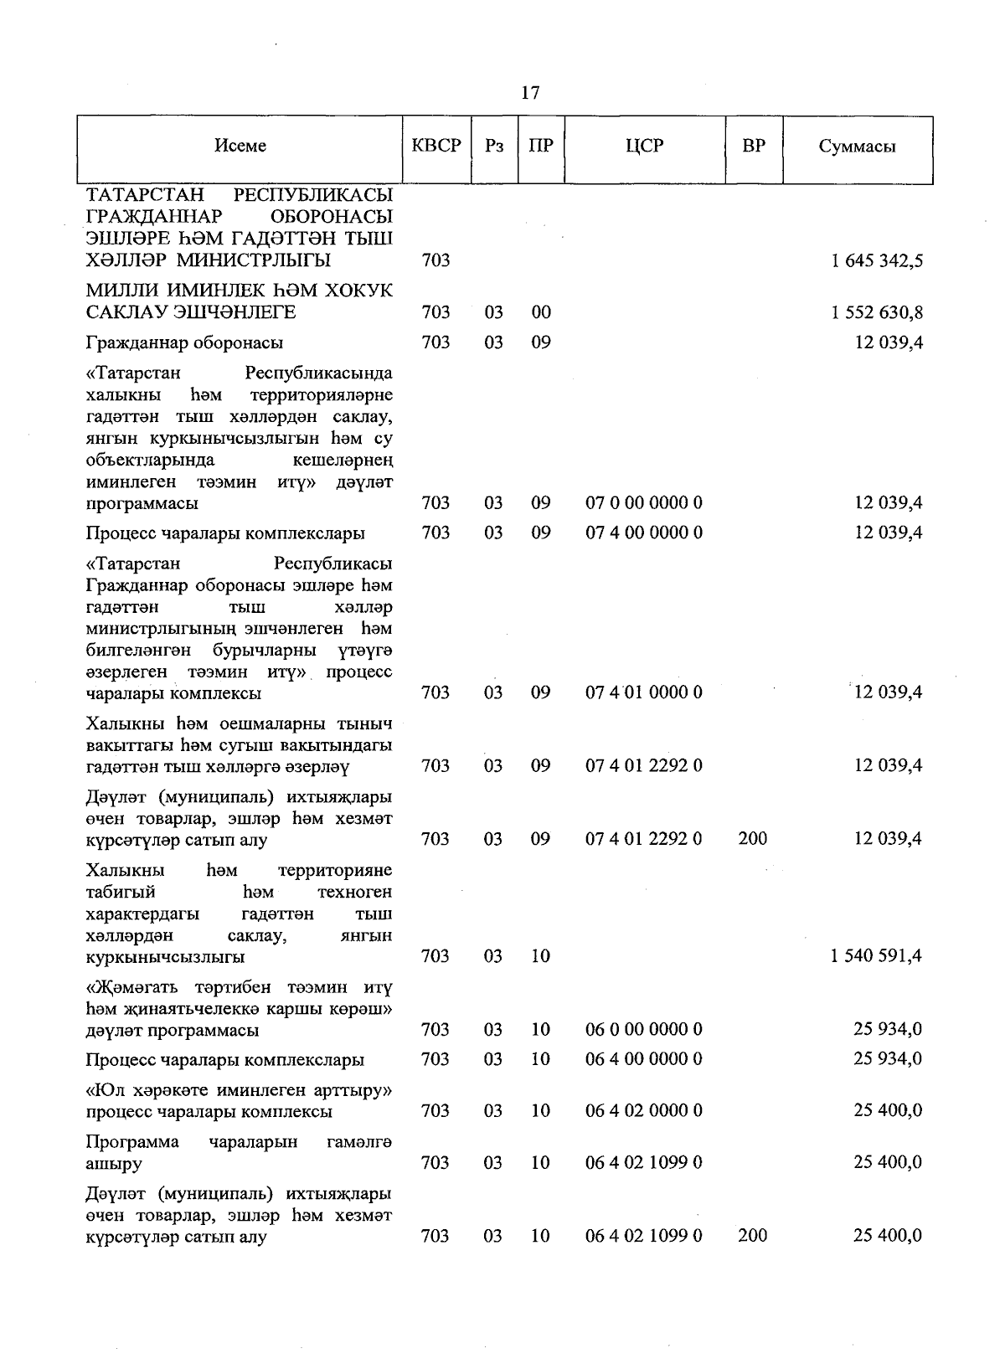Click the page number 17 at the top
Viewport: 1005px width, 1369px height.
529,93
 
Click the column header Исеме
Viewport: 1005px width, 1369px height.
240,146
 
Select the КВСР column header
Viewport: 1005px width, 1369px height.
436,146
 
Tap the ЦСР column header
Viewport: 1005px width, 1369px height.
644,146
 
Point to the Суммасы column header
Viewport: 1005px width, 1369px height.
857,147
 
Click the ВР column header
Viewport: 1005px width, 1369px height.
754,146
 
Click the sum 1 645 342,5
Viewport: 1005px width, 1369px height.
877,260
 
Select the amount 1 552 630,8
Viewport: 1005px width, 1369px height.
877,312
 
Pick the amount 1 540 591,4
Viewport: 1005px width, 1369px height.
876,956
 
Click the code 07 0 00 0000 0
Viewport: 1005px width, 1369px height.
644,503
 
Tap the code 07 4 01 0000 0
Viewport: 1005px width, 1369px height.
644,692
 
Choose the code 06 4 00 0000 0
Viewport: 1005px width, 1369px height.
644,1059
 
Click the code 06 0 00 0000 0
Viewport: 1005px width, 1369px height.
644,1029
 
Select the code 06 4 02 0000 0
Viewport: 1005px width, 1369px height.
644,1111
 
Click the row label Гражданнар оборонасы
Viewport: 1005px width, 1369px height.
184,342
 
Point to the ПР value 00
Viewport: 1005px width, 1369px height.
541,312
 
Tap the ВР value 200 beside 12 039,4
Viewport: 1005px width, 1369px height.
753,838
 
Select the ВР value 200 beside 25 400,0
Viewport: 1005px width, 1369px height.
753,1236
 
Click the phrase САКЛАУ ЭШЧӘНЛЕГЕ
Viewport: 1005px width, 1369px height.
191,312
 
